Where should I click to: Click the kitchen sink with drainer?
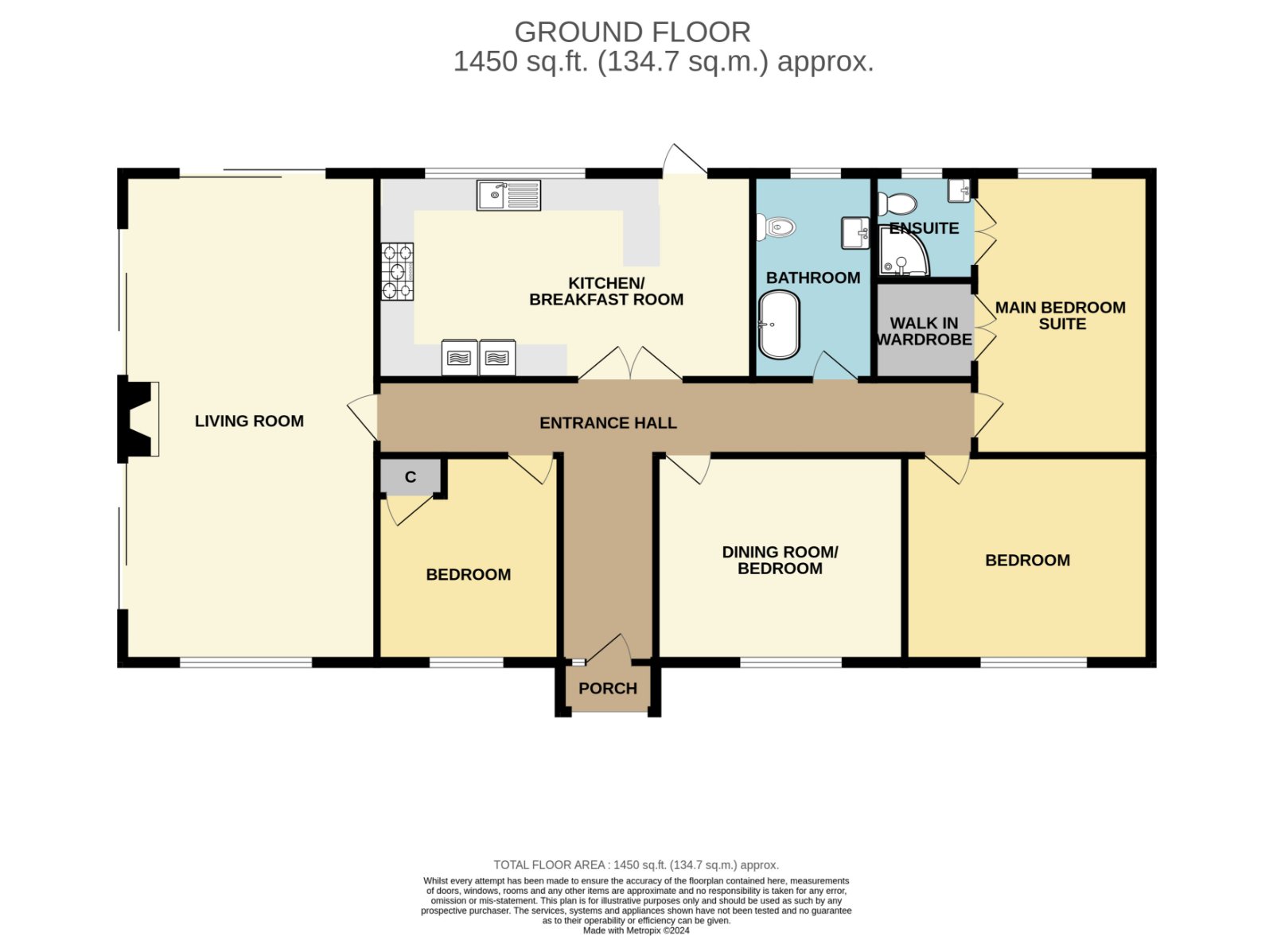508,196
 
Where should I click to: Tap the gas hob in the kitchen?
397,271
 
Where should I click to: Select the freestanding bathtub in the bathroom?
779,325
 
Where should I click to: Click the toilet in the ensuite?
897,204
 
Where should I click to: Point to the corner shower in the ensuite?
904,251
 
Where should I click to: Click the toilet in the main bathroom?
777,227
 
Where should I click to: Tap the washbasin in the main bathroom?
855,233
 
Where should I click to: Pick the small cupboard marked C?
411,476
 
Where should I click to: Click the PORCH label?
608,689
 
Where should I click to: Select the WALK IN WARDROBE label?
924,331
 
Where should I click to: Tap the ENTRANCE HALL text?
608,423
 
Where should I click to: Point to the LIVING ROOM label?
249,421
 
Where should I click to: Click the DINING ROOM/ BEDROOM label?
780,560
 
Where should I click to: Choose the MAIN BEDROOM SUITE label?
1061,316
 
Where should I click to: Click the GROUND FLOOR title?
633,33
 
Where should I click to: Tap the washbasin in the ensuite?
960,191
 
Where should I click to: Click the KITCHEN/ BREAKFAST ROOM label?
606,291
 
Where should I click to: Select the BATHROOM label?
813,278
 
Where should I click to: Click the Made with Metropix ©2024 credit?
636,930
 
